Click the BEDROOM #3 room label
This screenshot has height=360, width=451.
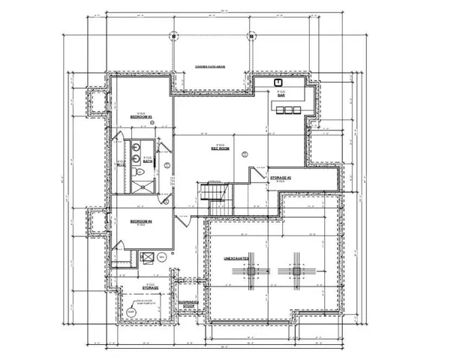(141, 117)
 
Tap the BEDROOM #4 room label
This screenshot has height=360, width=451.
(141, 221)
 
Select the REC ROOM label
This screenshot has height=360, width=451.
(219, 148)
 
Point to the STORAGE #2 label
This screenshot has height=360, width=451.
(280, 178)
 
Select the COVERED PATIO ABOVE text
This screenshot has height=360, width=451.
(211, 67)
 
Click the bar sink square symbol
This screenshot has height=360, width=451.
(278, 82)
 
